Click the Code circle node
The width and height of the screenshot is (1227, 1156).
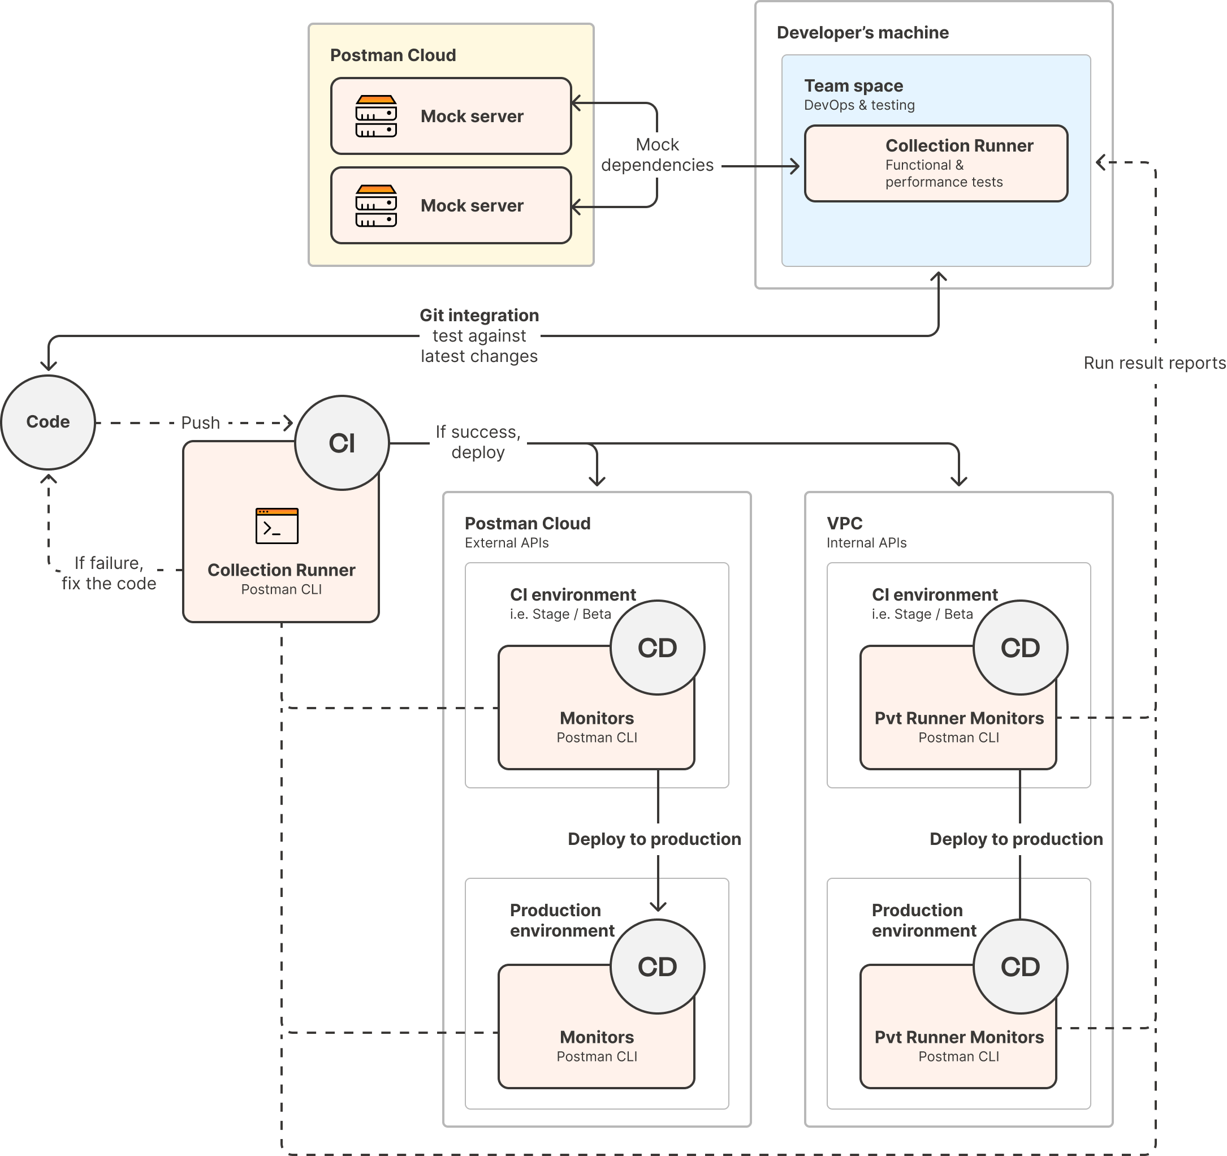click(x=48, y=422)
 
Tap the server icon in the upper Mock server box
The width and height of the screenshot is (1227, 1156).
click(x=376, y=116)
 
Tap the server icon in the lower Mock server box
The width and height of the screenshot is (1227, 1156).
click(x=376, y=205)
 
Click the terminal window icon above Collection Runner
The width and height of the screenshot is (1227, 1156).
click(x=277, y=526)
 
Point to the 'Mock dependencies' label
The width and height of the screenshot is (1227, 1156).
click(x=657, y=155)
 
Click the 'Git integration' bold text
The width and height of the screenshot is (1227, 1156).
click(x=479, y=316)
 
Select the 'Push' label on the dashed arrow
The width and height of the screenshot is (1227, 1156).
click(x=201, y=423)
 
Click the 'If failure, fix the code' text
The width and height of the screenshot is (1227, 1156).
click(x=109, y=573)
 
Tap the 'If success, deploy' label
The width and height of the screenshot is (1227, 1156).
click(x=478, y=442)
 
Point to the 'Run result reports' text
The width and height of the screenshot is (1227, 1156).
click(x=1154, y=363)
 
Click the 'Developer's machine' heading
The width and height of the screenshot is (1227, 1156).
click(x=862, y=33)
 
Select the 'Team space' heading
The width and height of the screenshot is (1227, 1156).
click(x=853, y=86)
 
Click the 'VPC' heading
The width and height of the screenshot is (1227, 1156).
click(x=844, y=523)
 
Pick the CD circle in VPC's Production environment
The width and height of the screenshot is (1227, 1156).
click(x=1020, y=967)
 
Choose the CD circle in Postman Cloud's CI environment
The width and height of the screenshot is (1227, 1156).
click(x=657, y=648)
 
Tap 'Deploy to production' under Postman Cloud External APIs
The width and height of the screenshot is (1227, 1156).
click(x=654, y=839)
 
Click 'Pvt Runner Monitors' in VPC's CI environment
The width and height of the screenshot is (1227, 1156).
click(x=958, y=718)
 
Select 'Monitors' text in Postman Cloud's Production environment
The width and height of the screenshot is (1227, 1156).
click(x=596, y=1037)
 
